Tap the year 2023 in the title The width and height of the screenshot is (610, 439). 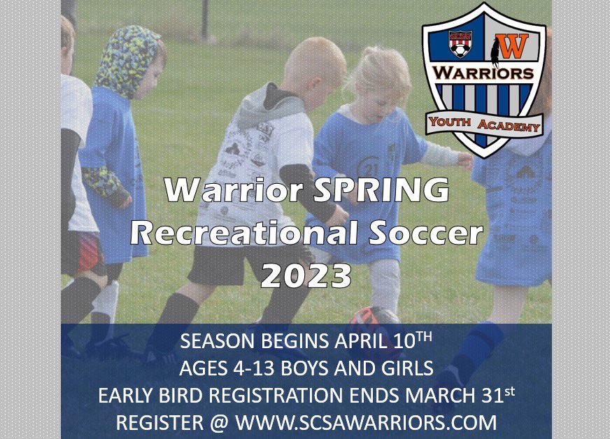[x=306, y=275]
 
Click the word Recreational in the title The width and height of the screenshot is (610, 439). [x=240, y=233]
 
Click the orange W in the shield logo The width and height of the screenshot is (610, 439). [x=514, y=46]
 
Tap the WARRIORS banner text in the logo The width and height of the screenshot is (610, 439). [x=483, y=72]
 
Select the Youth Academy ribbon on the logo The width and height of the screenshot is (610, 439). [x=484, y=124]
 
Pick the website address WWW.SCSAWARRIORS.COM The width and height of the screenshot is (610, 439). [x=366, y=422]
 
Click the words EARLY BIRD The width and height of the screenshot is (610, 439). [x=149, y=396]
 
